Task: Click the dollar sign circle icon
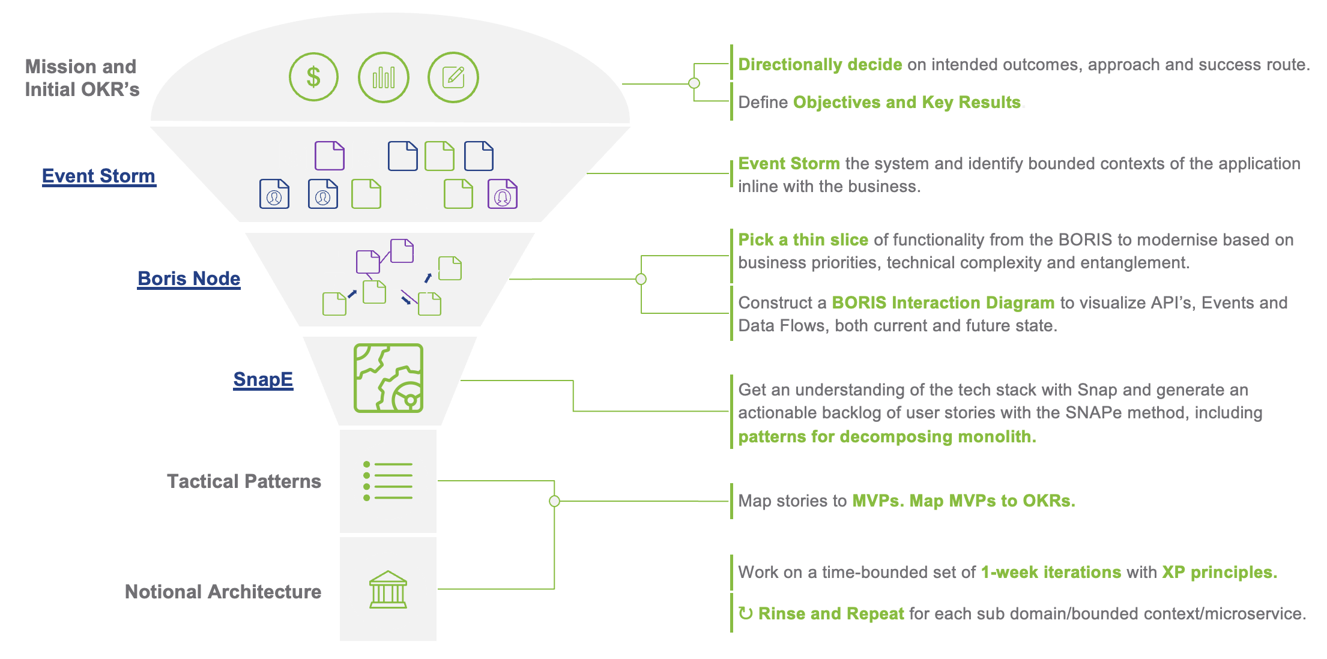point(313,77)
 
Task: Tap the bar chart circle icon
point(384,77)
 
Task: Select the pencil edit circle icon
point(453,77)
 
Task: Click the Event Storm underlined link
point(99,176)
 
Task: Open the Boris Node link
point(189,278)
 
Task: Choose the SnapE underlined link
point(263,379)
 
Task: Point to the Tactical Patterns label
point(244,481)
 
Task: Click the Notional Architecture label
point(223,592)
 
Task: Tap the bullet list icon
point(388,481)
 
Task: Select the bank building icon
point(388,589)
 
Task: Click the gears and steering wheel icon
point(388,378)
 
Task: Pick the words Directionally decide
point(820,65)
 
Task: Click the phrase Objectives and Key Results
point(907,103)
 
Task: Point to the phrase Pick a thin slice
point(803,240)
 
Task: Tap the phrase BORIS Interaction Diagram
point(943,302)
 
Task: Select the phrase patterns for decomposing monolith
point(887,436)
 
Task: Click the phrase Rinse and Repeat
point(831,613)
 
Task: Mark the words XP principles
point(1220,573)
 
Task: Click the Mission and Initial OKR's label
point(82,78)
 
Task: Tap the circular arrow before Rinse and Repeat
point(745,613)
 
